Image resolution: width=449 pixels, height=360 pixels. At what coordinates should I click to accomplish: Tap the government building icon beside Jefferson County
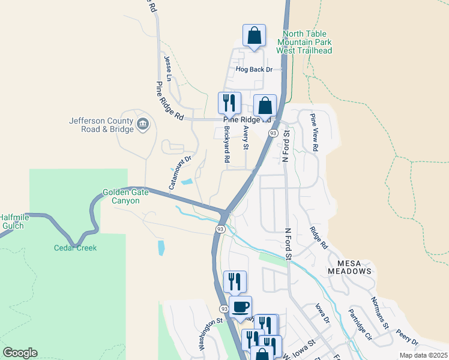point(143,124)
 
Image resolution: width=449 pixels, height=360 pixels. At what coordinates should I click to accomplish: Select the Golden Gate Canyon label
point(121,196)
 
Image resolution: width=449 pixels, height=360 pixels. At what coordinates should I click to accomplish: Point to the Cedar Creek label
point(75,248)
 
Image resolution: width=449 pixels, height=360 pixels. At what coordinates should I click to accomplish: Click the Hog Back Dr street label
point(255,70)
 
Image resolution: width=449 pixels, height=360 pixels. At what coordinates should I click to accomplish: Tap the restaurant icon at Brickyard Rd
point(229,103)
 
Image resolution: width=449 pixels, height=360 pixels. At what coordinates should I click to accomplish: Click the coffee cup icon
point(240,307)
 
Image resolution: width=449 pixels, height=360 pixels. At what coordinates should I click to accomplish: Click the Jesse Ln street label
point(167,69)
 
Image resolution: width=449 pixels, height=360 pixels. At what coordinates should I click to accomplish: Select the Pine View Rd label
point(313,132)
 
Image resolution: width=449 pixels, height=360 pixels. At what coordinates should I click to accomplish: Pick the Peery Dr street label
point(407,340)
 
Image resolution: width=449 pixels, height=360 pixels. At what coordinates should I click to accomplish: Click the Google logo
point(20,353)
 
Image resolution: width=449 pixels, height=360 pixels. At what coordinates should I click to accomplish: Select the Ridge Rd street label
point(319,238)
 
